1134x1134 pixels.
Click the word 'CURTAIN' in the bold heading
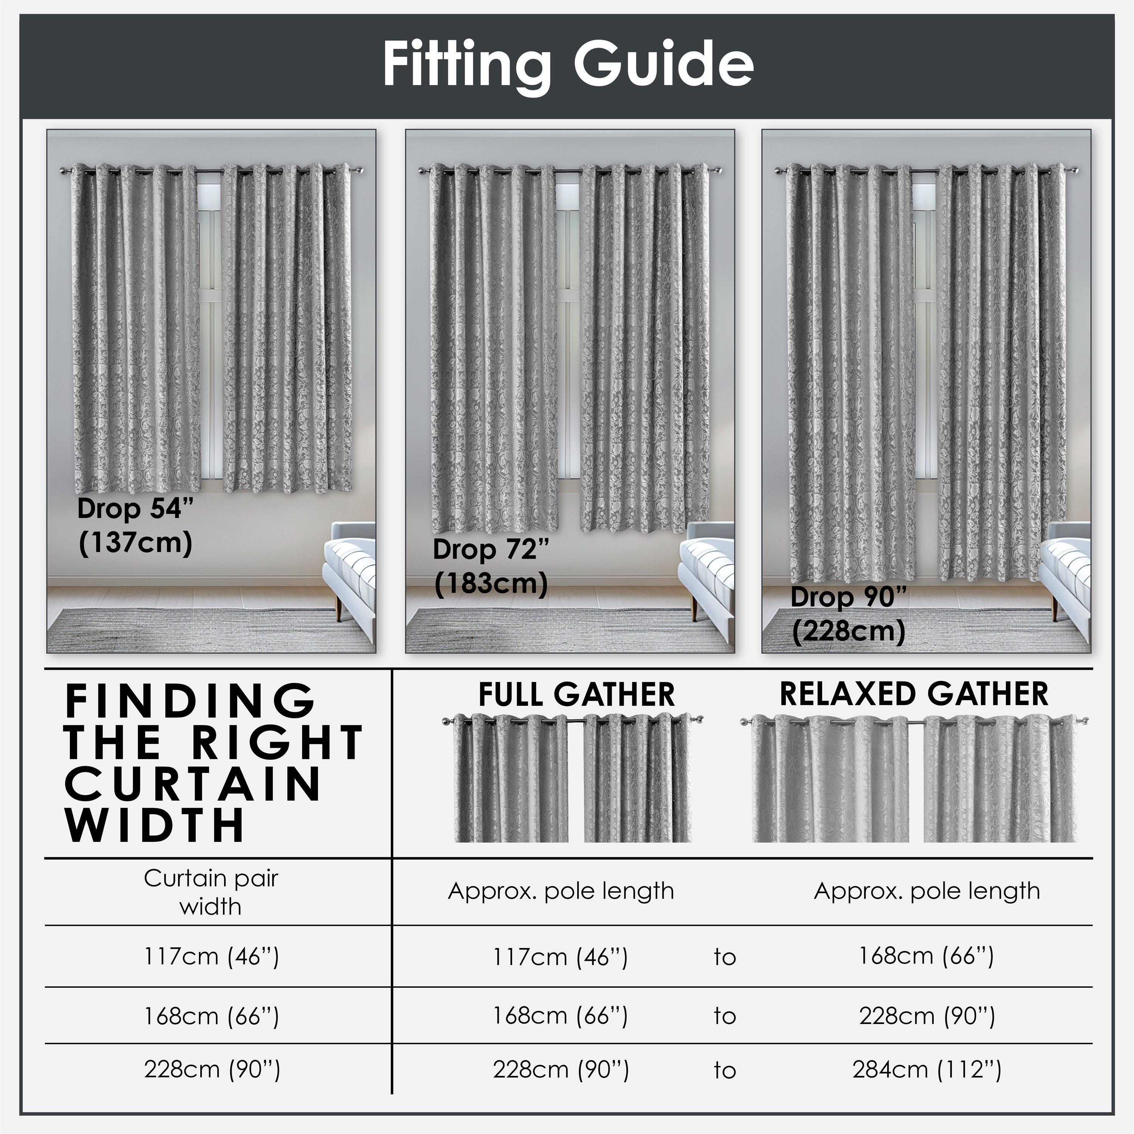tap(193, 785)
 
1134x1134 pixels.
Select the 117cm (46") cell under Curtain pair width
tap(211, 957)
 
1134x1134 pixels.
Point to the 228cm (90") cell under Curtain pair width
tap(212, 1069)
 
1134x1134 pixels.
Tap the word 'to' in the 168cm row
tap(725, 1016)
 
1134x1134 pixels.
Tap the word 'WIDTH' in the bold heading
tap(154, 825)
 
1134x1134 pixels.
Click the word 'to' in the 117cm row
tap(725, 957)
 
